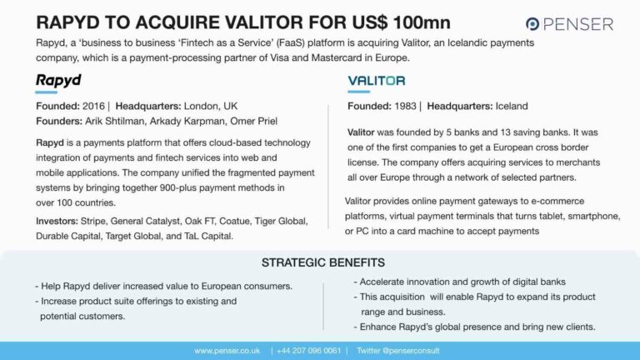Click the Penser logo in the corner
pos(569,23)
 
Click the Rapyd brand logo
pos(58,81)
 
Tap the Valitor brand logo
pos(376,81)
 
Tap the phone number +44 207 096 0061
pos(310,351)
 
